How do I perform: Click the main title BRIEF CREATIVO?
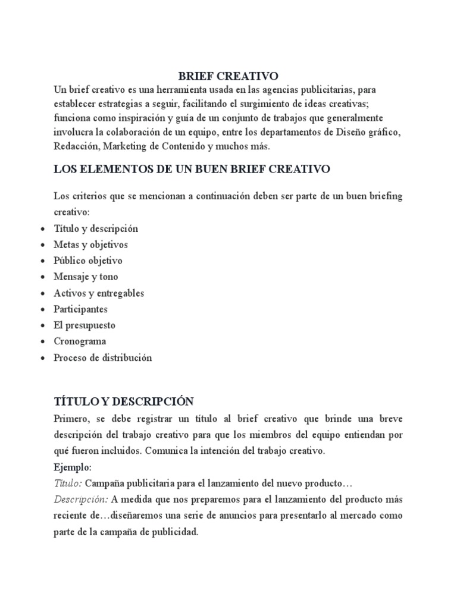click(x=228, y=76)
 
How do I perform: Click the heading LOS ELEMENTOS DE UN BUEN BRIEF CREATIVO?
click(x=192, y=169)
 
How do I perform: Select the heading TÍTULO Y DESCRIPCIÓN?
click(x=124, y=401)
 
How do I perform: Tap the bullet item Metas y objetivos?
click(x=90, y=244)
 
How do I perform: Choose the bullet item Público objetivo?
click(x=87, y=260)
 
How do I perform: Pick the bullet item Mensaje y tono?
click(x=86, y=277)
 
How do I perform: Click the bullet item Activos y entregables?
click(x=99, y=293)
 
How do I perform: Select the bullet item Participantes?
click(x=80, y=309)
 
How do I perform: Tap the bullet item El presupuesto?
click(x=84, y=325)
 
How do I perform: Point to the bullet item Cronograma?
click(x=80, y=341)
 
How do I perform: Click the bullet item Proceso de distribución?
click(x=103, y=358)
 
